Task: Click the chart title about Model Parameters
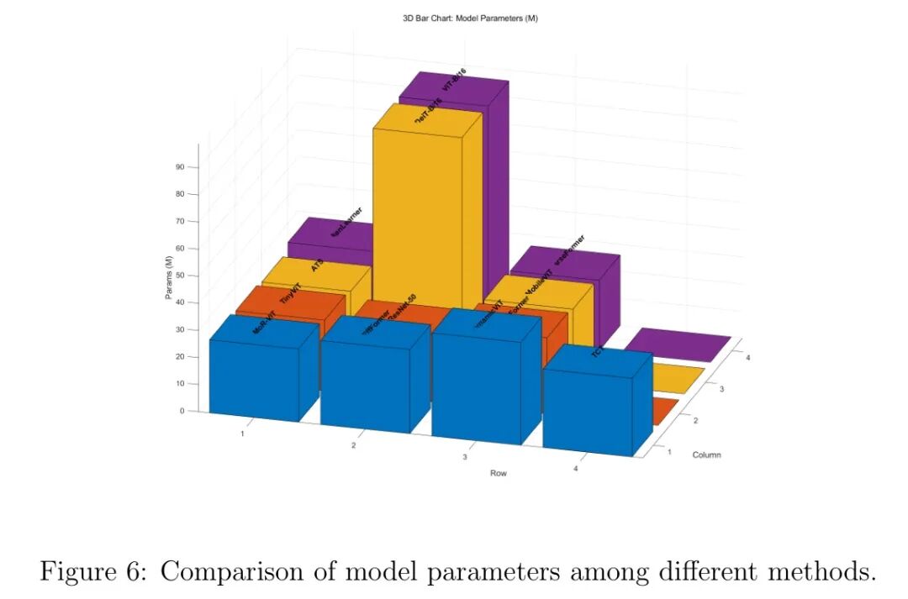470,18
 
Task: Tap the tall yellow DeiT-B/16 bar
417,210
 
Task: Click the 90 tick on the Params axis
180,166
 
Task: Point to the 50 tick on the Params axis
180,276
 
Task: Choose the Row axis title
499,473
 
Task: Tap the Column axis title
706,455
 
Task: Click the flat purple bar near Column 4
677,344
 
